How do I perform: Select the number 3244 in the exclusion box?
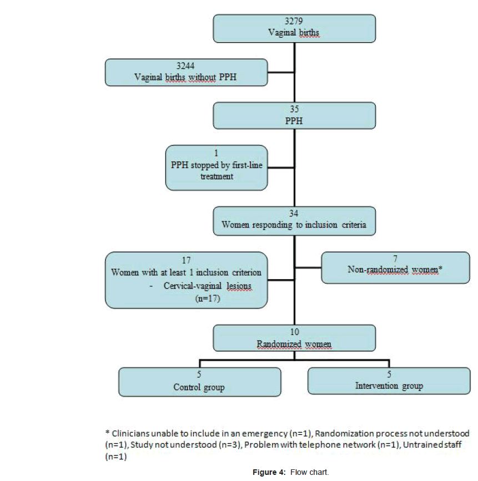coord(185,65)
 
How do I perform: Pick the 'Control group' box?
coord(199,381)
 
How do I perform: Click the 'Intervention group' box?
coord(389,381)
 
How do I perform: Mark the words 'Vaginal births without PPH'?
coord(185,77)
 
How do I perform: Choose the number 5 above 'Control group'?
coord(199,374)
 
